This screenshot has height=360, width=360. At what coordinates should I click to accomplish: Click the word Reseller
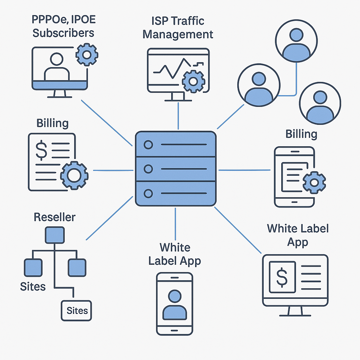click(x=54, y=217)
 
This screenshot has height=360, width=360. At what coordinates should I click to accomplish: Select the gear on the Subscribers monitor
click(x=87, y=54)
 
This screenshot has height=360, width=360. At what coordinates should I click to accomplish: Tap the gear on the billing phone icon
click(x=314, y=182)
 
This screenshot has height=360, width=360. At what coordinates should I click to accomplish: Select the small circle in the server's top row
click(x=148, y=145)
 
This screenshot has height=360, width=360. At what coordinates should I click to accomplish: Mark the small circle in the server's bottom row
click(x=148, y=193)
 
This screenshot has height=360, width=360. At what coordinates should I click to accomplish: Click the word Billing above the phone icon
click(x=301, y=134)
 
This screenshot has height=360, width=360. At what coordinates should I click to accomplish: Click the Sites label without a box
click(x=33, y=287)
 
